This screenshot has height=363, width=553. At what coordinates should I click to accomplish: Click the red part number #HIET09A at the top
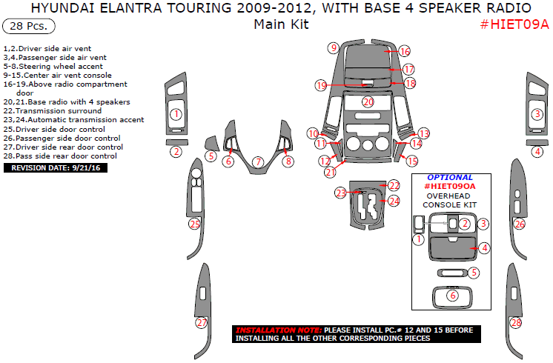pos(514,24)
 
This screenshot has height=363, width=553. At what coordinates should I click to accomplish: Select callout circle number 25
pos(195,224)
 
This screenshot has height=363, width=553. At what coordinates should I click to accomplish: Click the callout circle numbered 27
pos(201,323)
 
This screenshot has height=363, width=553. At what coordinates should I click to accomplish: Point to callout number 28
pos(516,323)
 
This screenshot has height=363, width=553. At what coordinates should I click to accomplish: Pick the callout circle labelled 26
pos(520,224)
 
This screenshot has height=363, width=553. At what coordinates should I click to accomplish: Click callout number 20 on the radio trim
pos(368,101)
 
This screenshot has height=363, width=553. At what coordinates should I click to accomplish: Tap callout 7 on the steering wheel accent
pos(257,161)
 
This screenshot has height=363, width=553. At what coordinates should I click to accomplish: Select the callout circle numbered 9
pos(334,48)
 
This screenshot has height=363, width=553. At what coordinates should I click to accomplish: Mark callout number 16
pos(404,52)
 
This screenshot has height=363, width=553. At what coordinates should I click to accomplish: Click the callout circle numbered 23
pos(340,193)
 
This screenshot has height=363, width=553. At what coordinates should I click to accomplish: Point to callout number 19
pos(320,85)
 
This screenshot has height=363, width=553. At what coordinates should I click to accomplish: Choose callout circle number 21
pos(330,172)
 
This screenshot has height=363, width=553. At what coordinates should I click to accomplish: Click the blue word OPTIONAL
pos(450,178)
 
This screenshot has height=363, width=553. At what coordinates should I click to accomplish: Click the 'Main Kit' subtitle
pos(281,24)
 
